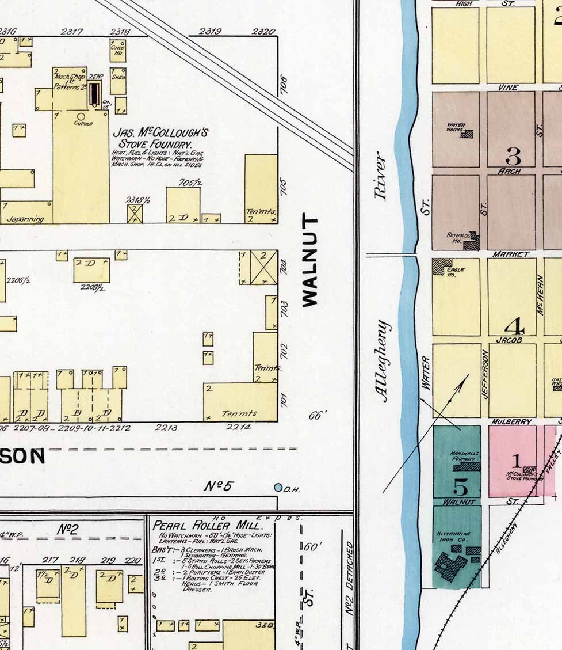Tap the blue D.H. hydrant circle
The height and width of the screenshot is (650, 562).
[x=278, y=488]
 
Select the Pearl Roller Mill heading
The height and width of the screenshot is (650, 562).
[x=207, y=526]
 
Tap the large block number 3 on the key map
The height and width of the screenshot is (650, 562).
[x=513, y=155]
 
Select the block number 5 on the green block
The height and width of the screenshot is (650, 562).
[x=460, y=486]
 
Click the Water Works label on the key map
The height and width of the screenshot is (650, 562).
[x=456, y=128]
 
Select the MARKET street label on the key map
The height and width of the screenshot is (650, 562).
[x=510, y=254]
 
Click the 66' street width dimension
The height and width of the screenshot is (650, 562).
[x=317, y=415]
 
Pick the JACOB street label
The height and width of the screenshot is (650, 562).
[x=509, y=340]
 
